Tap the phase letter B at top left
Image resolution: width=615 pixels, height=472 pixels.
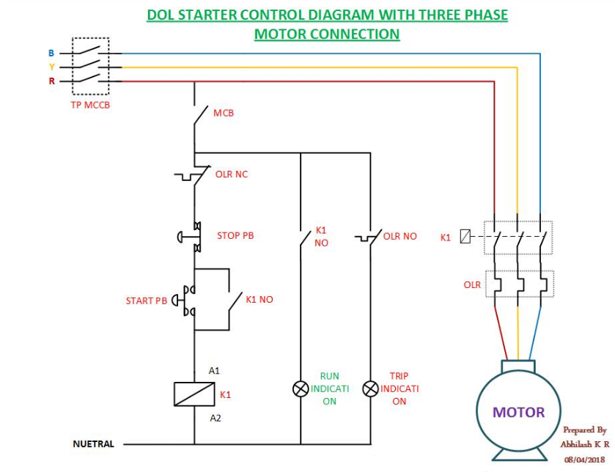[x=51, y=54]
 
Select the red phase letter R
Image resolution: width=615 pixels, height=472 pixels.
[x=51, y=81]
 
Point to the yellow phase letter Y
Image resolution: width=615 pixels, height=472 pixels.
[x=51, y=67]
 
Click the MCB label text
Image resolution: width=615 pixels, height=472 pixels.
[x=224, y=114]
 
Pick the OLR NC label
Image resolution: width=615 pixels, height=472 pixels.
[x=232, y=175]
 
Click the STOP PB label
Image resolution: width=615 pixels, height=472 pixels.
[x=235, y=236]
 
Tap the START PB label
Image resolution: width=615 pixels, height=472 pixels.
[x=147, y=300]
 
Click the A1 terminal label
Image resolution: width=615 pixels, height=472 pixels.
[x=214, y=371]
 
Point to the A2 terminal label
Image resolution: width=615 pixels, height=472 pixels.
[x=216, y=418]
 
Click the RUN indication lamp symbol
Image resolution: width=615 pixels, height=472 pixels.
[x=300, y=388]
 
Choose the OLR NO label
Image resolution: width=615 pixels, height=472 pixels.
[x=400, y=236]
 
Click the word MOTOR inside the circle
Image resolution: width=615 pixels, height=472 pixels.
[x=518, y=412]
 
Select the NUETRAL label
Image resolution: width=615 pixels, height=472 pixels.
[x=93, y=444]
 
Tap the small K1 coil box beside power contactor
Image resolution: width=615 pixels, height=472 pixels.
[x=464, y=237]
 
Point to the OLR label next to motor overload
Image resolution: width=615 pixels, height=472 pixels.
[x=472, y=284]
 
